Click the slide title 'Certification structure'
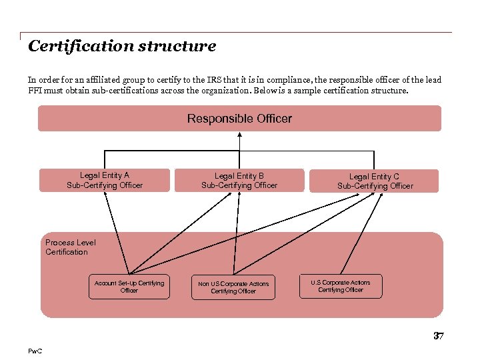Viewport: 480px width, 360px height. click(122, 47)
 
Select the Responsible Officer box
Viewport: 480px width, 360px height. click(239, 119)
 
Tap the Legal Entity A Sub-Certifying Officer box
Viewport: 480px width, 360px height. click(105, 180)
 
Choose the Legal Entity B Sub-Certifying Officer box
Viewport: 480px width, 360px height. click(239, 180)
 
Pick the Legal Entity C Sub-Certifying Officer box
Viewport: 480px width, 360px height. click(374, 181)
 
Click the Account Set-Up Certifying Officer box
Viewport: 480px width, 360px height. click(129, 287)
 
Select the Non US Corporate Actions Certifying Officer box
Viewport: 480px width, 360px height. click(233, 287)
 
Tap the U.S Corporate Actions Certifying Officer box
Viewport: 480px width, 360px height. click(340, 286)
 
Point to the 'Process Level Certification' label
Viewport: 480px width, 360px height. click(71, 247)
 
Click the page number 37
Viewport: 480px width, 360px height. click(438, 336)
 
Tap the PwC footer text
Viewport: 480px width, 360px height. click(35, 351)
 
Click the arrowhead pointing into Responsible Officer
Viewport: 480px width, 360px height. click(239, 135)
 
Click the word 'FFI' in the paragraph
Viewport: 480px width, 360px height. click(35, 91)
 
